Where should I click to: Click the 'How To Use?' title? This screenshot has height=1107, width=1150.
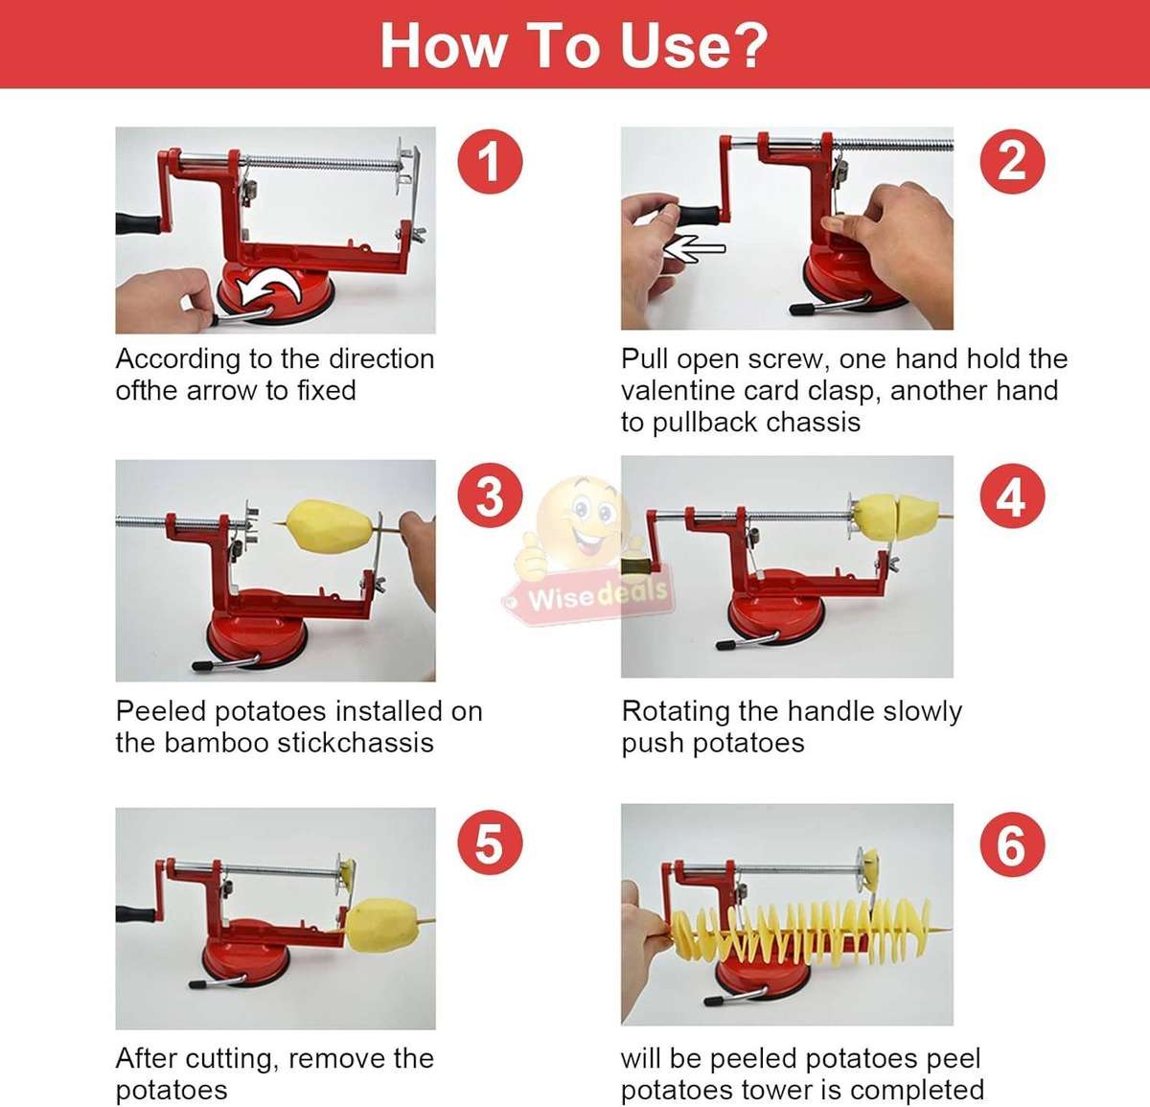point(574,45)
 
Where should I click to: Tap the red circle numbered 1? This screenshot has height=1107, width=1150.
point(490,160)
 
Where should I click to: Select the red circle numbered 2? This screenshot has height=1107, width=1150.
point(1012,160)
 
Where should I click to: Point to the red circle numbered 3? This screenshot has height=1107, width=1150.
point(490,496)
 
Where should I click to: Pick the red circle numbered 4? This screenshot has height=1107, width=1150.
point(1012,496)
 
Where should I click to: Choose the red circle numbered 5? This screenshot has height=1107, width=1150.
point(490,843)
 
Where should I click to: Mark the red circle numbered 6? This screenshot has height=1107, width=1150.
point(1012,843)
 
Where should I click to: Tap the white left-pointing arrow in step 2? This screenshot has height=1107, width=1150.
point(695,249)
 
